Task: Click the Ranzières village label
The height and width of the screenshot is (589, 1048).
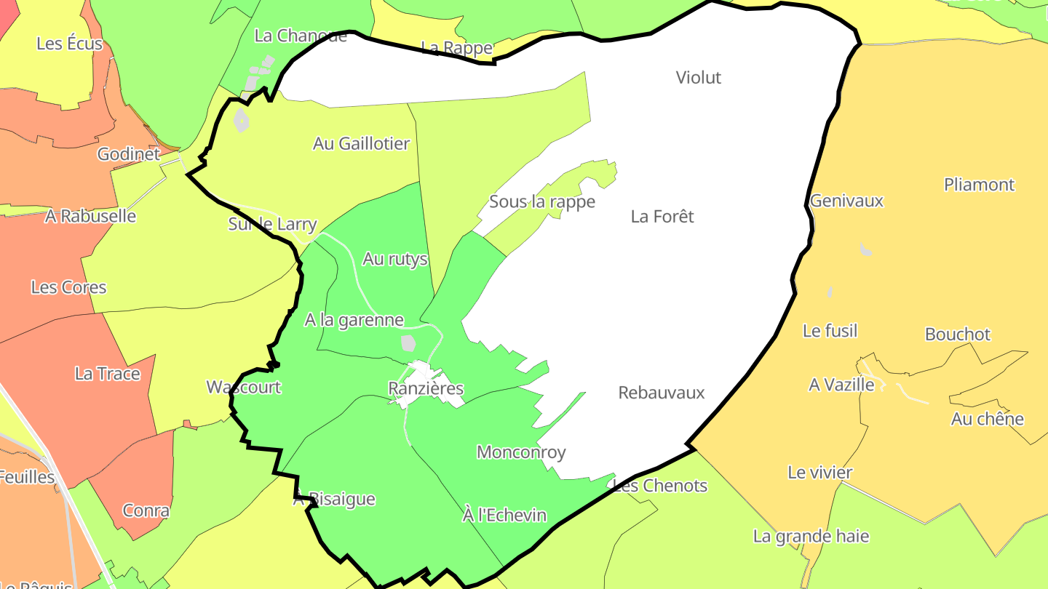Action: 426,388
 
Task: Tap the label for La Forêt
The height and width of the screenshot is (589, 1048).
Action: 662,216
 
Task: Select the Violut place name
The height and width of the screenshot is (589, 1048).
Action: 699,77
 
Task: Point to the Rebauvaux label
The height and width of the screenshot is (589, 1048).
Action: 662,393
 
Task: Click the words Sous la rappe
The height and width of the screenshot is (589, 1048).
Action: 542,201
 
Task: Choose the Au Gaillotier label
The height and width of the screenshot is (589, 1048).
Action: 362,143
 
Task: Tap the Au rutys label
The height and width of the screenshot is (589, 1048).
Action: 395,259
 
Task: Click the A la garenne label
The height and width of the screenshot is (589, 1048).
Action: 354,320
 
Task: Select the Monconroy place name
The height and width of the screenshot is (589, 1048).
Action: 521,452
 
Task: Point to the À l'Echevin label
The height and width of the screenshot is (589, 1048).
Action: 504,516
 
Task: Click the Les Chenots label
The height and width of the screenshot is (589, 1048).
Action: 660,485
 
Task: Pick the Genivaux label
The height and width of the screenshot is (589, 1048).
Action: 846,201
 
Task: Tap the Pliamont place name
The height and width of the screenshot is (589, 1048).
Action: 979,185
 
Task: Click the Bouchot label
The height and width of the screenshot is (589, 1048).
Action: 958,334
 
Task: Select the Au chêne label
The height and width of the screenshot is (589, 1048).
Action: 988,419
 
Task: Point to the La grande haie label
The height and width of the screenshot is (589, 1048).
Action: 811,537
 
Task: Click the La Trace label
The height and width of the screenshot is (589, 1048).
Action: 108,374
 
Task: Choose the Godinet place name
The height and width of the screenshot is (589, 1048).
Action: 129,154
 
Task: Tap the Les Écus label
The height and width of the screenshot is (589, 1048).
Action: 70,44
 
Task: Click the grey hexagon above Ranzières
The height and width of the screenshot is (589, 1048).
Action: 409,342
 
